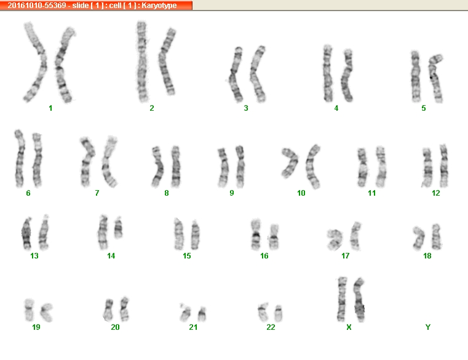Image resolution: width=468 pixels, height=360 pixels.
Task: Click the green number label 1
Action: pyautogui.click(x=50, y=108)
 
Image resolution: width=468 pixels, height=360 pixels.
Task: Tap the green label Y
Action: pyautogui.click(x=427, y=327)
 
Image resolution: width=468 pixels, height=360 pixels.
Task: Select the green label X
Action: pyautogui.click(x=349, y=327)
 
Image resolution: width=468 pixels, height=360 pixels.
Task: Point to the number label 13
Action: pyautogui.click(x=34, y=256)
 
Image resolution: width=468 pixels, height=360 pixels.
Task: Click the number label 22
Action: pyautogui.click(x=271, y=327)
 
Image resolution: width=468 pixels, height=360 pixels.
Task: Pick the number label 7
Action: pyautogui.click(x=97, y=193)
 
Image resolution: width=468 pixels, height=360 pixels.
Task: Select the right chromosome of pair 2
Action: pyautogui.click(x=167, y=62)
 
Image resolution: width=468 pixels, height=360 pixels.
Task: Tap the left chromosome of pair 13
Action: pyautogui.click(x=26, y=234)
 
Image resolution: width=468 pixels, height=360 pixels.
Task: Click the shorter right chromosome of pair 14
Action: pyautogui.click(x=118, y=228)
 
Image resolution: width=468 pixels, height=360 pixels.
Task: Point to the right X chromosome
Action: pyautogui.click(x=359, y=300)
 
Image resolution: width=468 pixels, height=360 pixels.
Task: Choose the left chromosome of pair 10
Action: pyautogui.click(x=290, y=162)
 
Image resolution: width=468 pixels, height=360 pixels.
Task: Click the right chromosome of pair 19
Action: pyautogui.click(x=47, y=312)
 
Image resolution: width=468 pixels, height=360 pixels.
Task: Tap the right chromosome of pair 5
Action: pyautogui.click(x=435, y=78)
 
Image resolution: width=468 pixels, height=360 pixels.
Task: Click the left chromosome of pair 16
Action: pyautogui.click(x=256, y=234)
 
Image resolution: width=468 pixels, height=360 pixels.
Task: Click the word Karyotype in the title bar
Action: pyautogui.click(x=159, y=6)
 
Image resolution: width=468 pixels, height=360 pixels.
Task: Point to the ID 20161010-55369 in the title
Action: pyautogui.click(x=37, y=6)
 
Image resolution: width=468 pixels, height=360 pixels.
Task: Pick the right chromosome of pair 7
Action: pyautogui.click(x=109, y=162)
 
